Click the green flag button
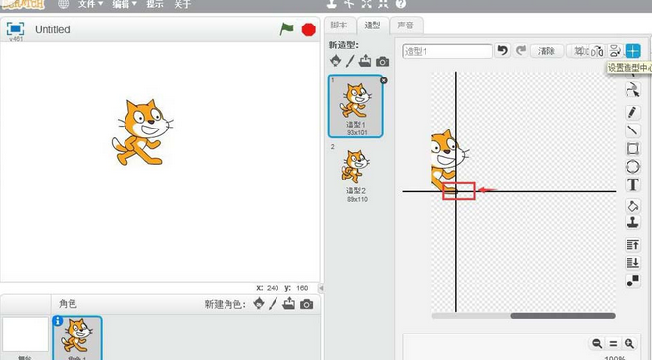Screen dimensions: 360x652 point(286,29)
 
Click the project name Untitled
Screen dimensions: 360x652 point(53,30)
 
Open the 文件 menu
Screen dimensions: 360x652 point(89,4)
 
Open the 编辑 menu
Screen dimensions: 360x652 point(124,4)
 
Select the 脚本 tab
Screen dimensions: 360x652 point(339,26)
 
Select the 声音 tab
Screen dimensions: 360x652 point(404,26)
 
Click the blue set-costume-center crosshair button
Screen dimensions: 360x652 point(632,51)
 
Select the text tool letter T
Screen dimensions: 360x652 point(633,184)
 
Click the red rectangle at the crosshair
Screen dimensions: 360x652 point(458,190)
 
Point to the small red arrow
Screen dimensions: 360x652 point(487,190)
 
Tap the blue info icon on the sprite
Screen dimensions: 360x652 point(57,321)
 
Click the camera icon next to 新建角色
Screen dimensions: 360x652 point(307,304)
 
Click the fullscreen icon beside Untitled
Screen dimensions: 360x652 point(15,30)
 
